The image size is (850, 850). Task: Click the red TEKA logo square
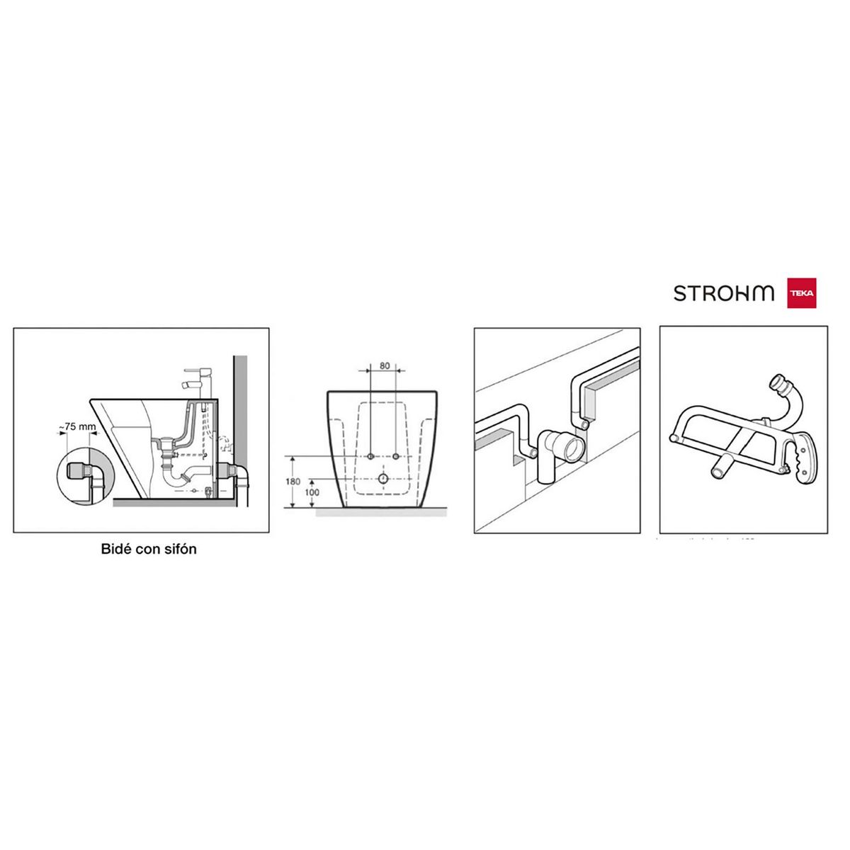801,293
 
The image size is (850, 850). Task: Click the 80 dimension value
385,366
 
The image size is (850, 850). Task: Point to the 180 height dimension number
293,482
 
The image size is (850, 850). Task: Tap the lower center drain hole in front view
382,480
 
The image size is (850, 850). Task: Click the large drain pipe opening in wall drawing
572,449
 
